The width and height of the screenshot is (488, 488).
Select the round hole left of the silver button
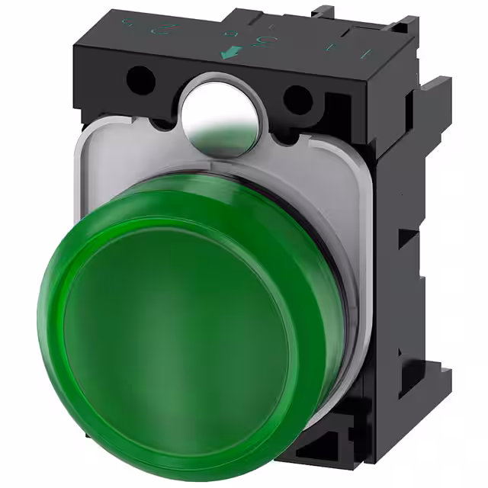(x=140, y=77)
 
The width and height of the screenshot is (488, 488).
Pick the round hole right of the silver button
(x=298, y=97)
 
